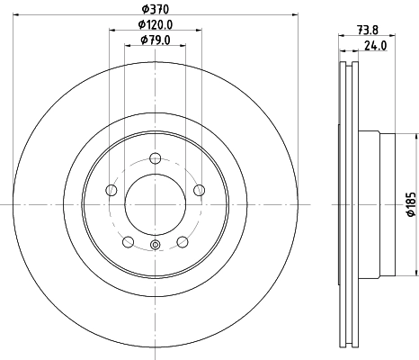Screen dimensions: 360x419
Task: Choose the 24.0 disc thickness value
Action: [375, 46]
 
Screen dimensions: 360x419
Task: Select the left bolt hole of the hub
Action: [111, 189]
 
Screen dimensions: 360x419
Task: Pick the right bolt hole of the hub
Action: [200, 189]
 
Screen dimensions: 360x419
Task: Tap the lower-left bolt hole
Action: [129, 240]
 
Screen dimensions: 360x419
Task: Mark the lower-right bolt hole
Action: [183, 240]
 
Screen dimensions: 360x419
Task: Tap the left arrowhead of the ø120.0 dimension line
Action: [113, 31]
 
